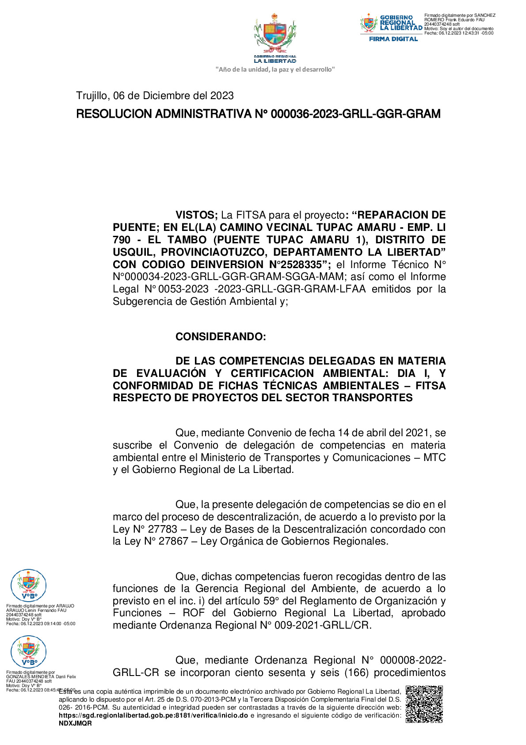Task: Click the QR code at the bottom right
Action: point(424,704)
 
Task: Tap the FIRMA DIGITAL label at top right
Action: point(393,39)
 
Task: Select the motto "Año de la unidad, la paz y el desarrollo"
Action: point(275,69)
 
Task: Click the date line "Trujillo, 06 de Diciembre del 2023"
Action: point(155,96)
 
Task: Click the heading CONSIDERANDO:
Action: point(221,337)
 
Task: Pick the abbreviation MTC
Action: point(434,457)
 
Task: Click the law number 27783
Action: point(162,529)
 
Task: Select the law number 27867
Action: point(174,541)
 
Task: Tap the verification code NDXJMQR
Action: point(75,723)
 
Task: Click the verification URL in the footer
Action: point(153,715)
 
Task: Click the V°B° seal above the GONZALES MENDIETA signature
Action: point(28,651)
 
